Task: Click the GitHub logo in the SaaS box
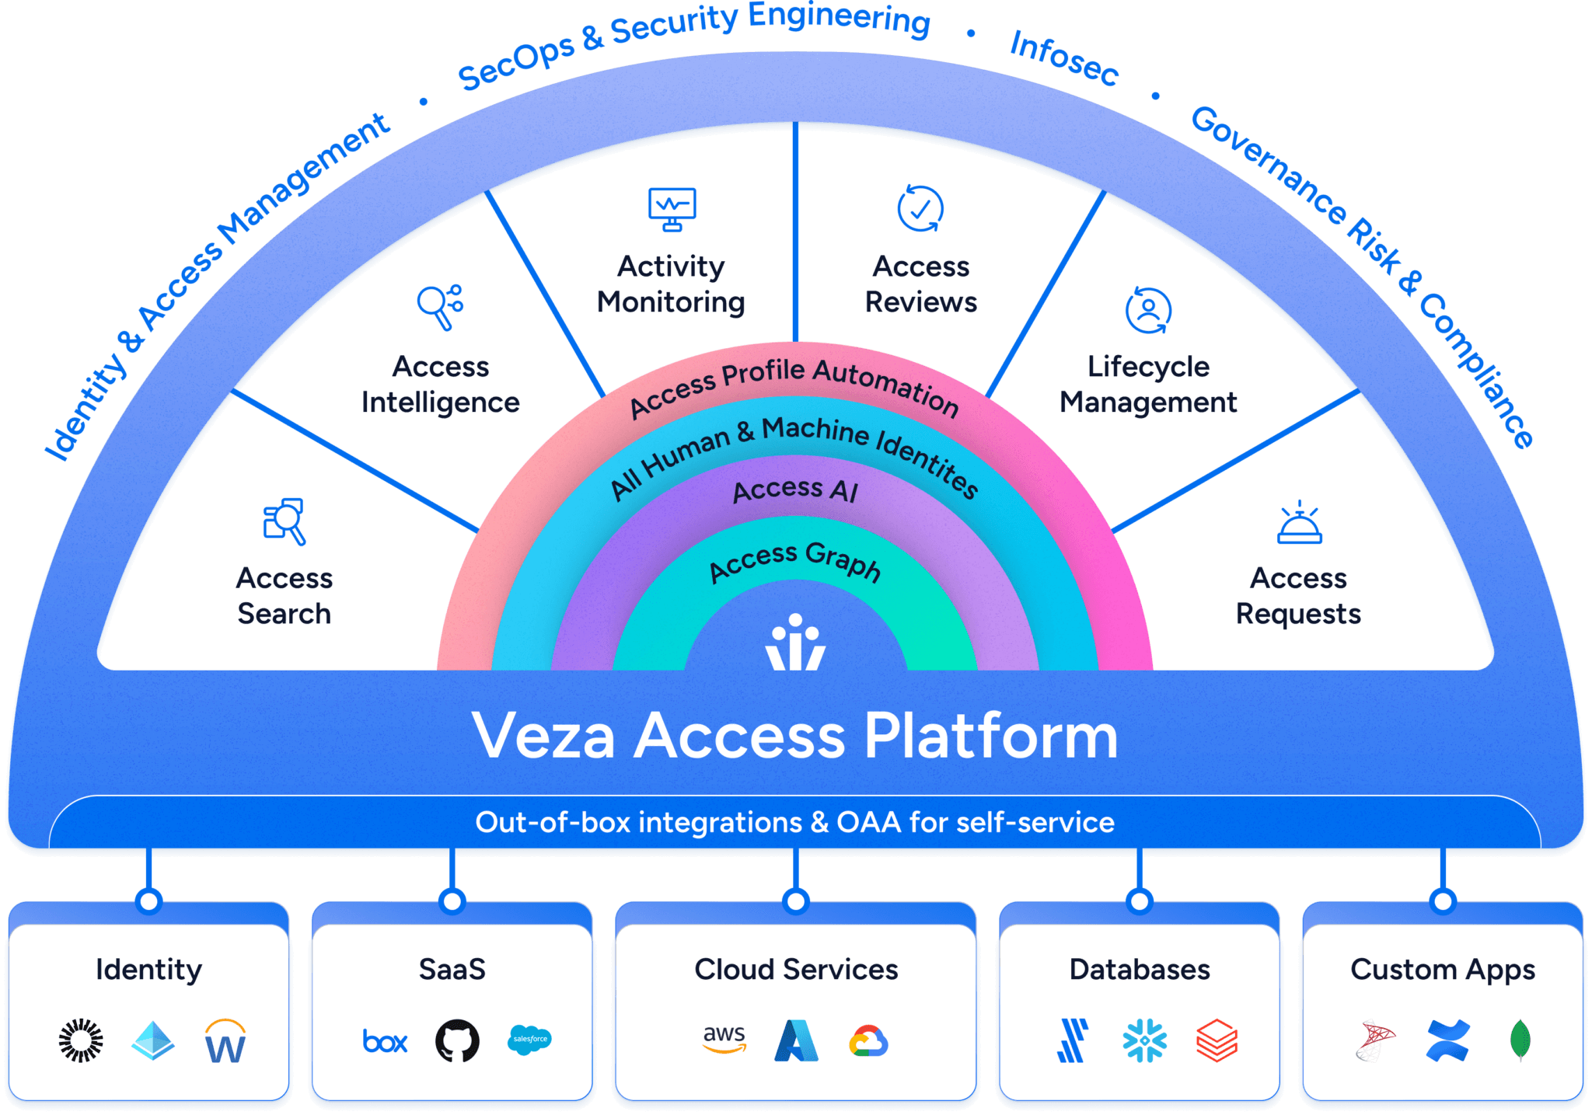click(457, 1040)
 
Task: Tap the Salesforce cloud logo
click(529, 1040)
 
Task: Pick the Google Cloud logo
click(868, 1041)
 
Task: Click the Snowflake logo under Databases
click(1144, 1040)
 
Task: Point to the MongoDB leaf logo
click(1520, 1040)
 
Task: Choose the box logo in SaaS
click(385, 1041)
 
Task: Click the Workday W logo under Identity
click(225, 1041)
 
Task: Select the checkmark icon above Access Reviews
click(920, 208)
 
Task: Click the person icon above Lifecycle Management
click(1148, 309)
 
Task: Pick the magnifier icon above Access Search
click(284, 521)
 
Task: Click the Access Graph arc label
click(795, 561)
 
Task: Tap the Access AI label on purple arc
click(794, 490)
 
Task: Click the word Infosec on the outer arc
click(1064, 57)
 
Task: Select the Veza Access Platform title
click(794, 735)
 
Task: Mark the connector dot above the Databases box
click(1139, 901)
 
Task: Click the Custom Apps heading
click(1442, 970)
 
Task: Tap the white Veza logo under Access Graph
click(795, 643)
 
